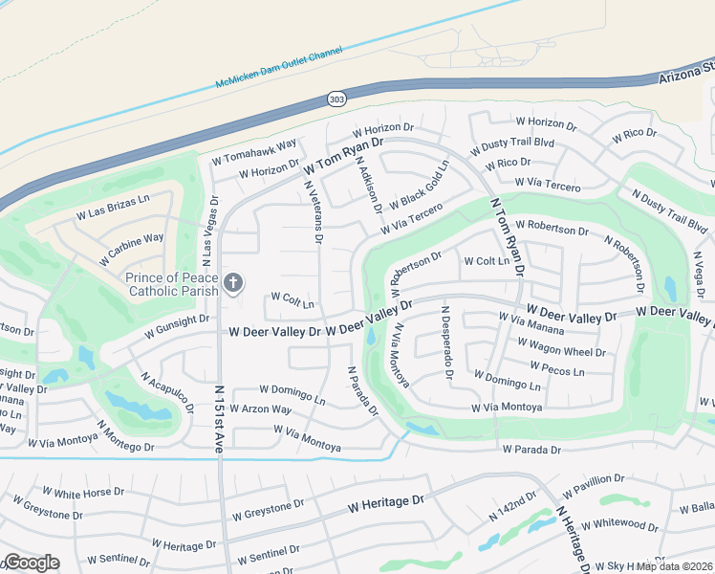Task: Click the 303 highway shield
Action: pyautogui.click(x=336, y=99)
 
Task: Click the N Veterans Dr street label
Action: pyautogui.click(x=312, y=210)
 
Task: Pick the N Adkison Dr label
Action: pyautogui.click(x=368, y=183)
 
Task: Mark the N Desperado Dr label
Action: pyautogui.click(x=446, y=342)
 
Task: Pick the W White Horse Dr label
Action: pyautogui.click(x=78, y=494)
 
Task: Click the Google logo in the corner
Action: pyautogui.click(x=31, y=563)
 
